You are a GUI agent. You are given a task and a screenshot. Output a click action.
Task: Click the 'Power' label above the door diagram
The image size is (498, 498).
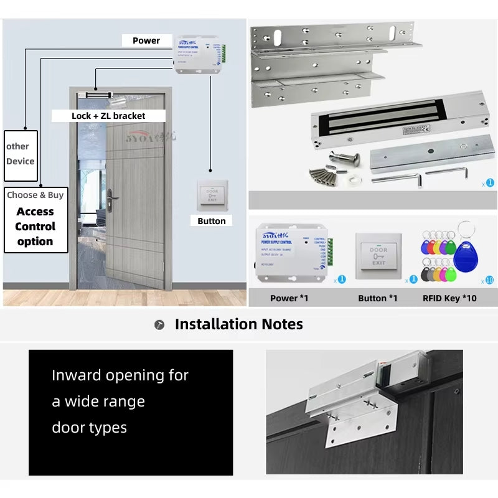(x=146, y=40)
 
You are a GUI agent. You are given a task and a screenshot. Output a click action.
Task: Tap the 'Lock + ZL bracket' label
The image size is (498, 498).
(x=108, y=116)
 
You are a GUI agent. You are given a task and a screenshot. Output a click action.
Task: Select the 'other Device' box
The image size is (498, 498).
(x=21, y=154)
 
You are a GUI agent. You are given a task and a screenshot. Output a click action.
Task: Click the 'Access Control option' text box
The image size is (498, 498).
(x=35, y=226)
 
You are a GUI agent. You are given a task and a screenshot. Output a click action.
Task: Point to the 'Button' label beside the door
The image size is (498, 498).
(x=211, y=221)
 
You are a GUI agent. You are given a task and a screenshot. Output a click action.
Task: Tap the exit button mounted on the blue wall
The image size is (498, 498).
(x=212, y=195)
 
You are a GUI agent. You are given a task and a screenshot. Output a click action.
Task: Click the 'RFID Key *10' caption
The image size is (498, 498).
(x=449, y=298)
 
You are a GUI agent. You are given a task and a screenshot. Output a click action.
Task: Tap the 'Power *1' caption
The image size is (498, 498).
(x=289, y=298)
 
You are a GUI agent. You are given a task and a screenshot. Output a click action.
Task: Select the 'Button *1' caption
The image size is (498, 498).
(x=377, y=298)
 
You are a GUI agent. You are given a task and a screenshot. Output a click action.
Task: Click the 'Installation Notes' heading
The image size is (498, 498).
(x=238, y=324)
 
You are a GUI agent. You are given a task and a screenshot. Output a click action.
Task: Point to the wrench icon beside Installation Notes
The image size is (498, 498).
(x=159, y=325)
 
